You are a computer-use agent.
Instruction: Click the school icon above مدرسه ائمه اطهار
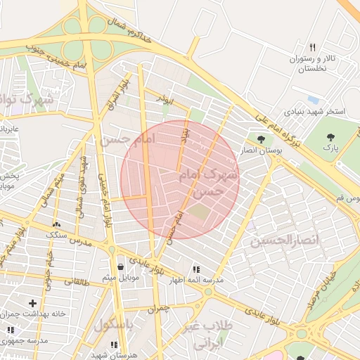click(x=195, y=269)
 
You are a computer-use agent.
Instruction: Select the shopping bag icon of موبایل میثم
click(x=122, y=266)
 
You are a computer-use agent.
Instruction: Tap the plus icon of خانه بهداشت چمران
click(x=32, y=302)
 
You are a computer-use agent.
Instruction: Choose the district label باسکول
click(x=113, y=326)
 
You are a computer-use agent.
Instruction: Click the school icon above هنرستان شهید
click(x=114, y=344)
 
